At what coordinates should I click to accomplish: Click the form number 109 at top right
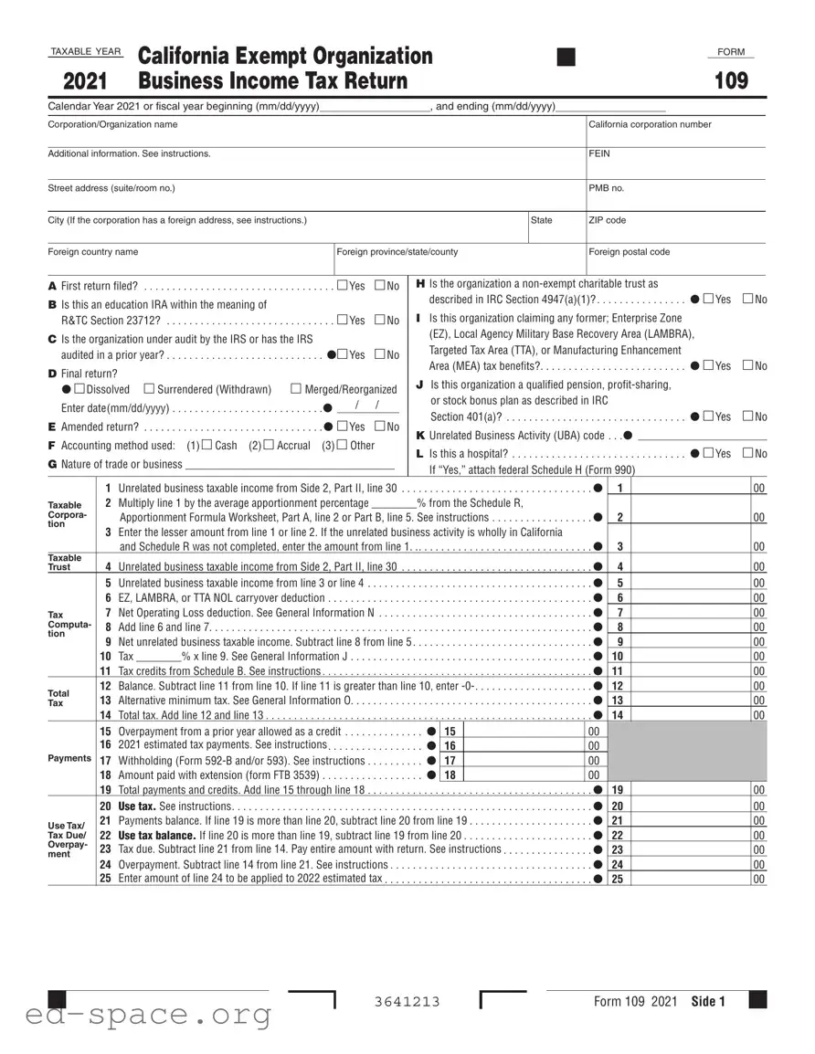pyautogui.click(x=731, y=81)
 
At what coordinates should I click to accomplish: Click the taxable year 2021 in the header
pyautogui.click(x=85, y=82)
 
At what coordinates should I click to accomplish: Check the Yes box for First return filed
pyautogui.click(x=342, y=286)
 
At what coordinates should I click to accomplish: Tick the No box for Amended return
pyautogui.click(x=379, y=427)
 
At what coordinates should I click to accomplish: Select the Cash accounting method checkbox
pyautogui.click(x=206, y=445)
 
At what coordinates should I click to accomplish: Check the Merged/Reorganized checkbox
pyautogui.click(x=296, y=389)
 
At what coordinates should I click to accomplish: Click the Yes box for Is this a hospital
pyautogui.click(x=709, y=453)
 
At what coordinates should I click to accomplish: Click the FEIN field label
pyautogui.click(x=599, y=153)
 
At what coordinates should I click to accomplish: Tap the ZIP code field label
pyautogui.click(x=608, y=220)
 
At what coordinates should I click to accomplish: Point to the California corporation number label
pyautogui.click(x=650, y=124)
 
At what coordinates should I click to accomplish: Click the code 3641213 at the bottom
pyautogui.click(x=407, y=1002)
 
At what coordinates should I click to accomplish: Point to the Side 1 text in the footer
pyautogui.click(x=708, y=1002)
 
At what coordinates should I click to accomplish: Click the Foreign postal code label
pyautogui.click(x=630, y=252)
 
